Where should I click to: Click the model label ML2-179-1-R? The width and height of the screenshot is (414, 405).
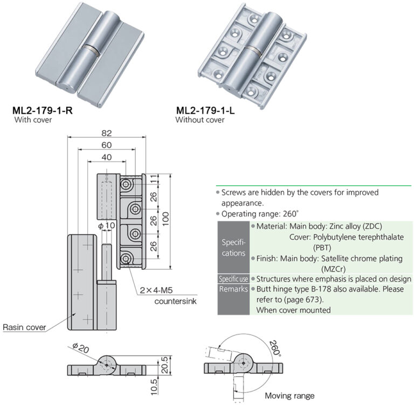click(x=43, y=111)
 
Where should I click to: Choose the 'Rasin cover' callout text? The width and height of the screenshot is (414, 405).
click(x=24, y=327)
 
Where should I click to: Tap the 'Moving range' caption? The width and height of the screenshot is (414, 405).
click(x=289, y=395)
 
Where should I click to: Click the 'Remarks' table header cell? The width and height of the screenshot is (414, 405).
click(x=233, y=289)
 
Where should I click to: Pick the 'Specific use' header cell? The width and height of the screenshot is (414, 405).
click(x=233, y=279)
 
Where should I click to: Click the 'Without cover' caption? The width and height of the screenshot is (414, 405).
click(x=200, y=120)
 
